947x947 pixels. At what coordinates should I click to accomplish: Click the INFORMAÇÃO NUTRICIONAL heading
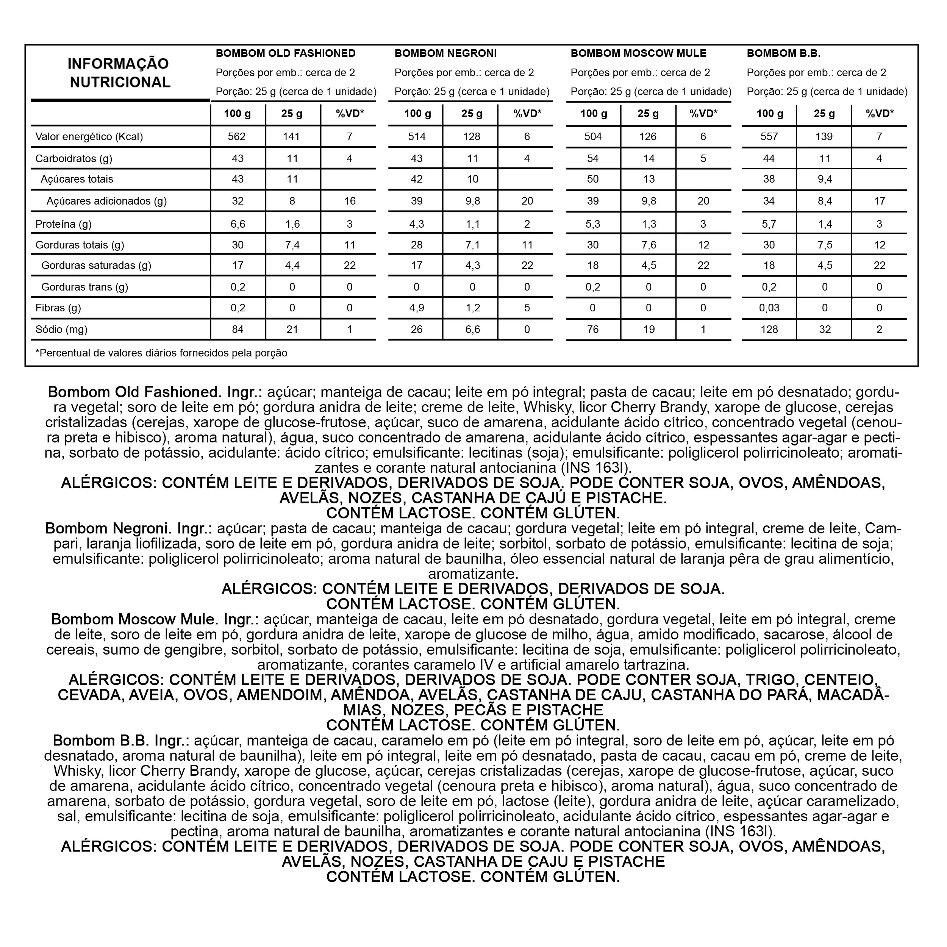118,73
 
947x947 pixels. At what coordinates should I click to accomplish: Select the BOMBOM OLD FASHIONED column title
286,53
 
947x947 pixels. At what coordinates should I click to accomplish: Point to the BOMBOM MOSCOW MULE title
638,53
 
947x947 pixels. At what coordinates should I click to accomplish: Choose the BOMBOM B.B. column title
783,53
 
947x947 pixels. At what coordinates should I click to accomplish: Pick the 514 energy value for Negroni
417,137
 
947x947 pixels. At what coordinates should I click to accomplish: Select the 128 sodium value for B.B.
769,330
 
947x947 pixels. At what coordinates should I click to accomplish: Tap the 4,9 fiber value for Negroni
417,308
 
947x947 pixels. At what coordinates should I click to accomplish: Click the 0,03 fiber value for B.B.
769,308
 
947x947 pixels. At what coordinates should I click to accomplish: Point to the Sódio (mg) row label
62,330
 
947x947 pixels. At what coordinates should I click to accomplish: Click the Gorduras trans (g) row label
85,287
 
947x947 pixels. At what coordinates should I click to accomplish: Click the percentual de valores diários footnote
161,353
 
